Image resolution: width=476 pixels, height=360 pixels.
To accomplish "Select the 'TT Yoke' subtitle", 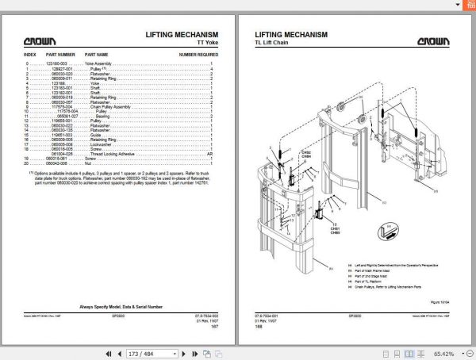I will pyautogui.click(x=203, y=44).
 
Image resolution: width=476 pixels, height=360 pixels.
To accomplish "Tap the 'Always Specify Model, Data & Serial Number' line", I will pyautogui.click(x=121, y=305).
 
